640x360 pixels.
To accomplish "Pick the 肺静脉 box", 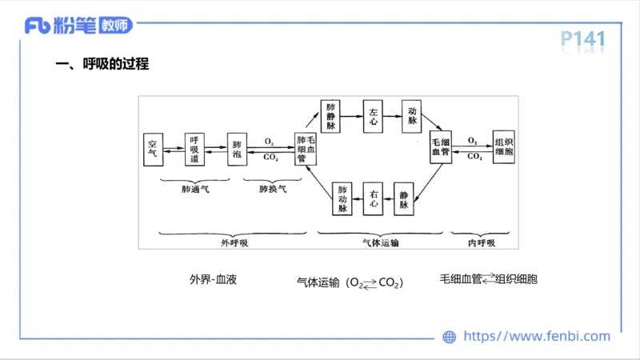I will pos(331,116).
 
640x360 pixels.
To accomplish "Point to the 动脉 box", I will pos(413,116).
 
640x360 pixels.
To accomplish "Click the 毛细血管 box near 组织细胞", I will pos(441,146).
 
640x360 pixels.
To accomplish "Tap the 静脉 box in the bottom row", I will pos(405,199).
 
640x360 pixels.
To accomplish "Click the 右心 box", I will pos(374,199).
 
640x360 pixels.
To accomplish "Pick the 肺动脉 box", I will pos(342,199).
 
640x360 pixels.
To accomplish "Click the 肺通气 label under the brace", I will pos(195,190).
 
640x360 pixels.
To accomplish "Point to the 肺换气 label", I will pos(272,190).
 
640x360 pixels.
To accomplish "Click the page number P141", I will pos(582,38).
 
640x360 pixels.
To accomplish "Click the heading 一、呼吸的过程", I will pos(102,65).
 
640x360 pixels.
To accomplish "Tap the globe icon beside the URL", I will pos(450,337).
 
